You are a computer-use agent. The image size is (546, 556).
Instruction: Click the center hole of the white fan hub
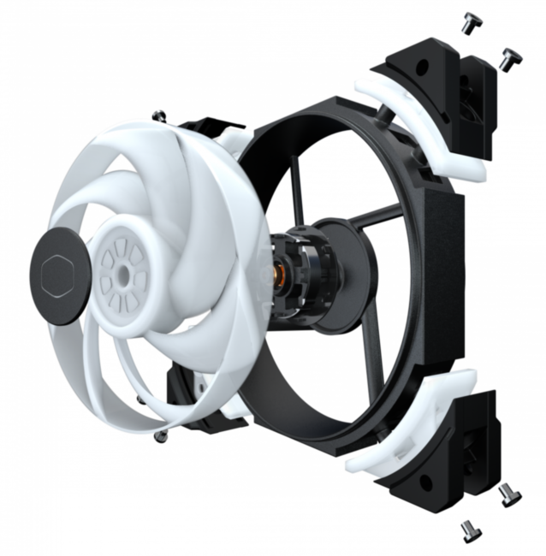coord(125,273)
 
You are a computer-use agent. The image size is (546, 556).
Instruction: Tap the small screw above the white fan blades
coord(158,112)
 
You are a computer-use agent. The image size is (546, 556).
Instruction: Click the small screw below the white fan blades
coord(158,437)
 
